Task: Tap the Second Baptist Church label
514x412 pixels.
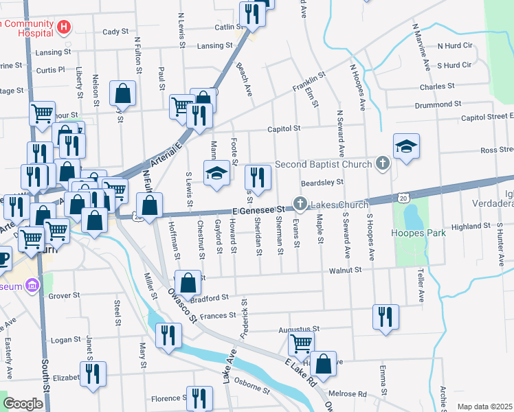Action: point(324,164)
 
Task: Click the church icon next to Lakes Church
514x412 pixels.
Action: point(300,204)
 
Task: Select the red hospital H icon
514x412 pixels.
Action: point(64,27)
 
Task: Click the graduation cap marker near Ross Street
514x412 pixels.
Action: point(406,146)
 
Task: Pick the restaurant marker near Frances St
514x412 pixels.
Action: point(385,317)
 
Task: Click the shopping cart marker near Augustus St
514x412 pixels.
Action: point(301,344)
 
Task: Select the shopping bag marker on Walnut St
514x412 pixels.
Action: point(188,282)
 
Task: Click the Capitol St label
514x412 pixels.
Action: point(287,128)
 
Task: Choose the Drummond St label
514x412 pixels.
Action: point(438,104)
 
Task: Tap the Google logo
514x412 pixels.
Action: point(23,403)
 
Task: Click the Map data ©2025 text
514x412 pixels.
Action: point(484,407)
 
